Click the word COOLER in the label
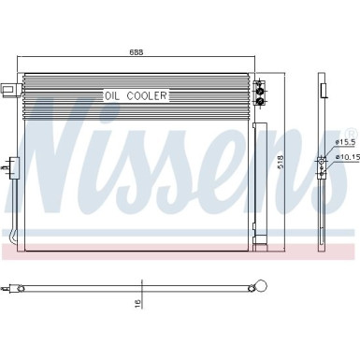click(148, 95)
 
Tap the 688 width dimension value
click(137, 52)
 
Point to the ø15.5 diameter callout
click(347, 142)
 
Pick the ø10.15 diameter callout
click(349, 159)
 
